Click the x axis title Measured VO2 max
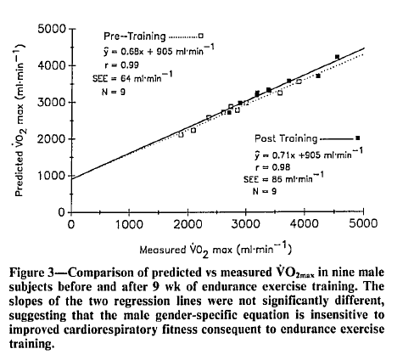pyautogui.click(x=216, y=248)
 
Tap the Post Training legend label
pyautogui.click(x=285, y=138)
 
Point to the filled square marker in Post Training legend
pyautogui.click(x=357, y=138)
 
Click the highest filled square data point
pyautogui.click(x=337, y=57)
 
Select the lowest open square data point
pyautogui.click(x=180, y=134)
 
